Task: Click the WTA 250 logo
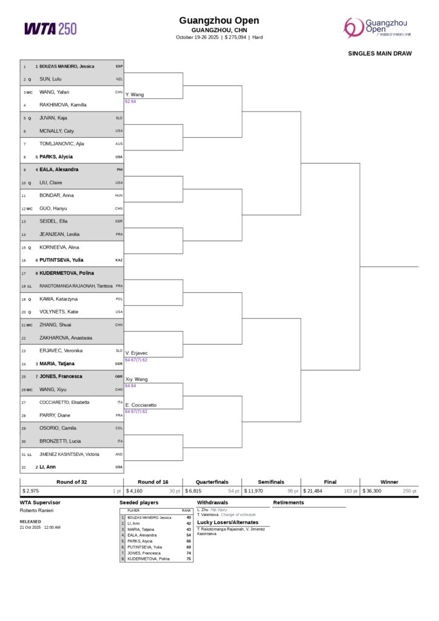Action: (x=50, y=29)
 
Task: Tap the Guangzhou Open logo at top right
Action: (x=377, y=27)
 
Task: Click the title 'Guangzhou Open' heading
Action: (x=219, y=21)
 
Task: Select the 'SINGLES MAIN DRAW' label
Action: (x=380, y=53)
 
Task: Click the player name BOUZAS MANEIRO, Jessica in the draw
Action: (x=67, y=66)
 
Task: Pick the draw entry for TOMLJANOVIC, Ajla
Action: (x=61, y=144)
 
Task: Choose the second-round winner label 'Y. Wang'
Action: (x=135, y=95)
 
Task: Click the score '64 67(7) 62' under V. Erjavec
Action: (x=136, y=360)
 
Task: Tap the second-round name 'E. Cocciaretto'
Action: (x=141, y=405)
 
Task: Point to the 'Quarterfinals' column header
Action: (x=212, y=482)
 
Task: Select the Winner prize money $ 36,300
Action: (x=372, y=491)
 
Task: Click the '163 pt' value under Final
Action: (x=350, y=491)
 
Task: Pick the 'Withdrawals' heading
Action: (x=212, y=503)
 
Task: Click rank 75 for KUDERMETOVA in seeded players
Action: (x=189, y=559)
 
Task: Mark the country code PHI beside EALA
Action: (x=119, y=170)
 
